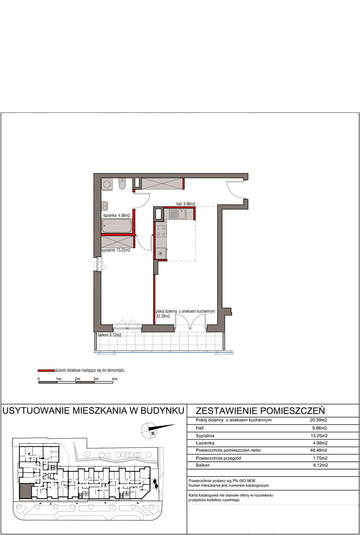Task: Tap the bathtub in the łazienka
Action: pyautogui.click(x=117, y=226)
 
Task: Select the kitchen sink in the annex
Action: pyautogui.click(x=182, y=214)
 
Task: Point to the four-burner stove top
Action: pyautogui.click(x=161, y=231)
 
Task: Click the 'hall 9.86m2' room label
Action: pyautogui.click(x=186, y=204)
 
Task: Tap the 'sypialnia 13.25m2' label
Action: pyautogui.click(x=116, y=250)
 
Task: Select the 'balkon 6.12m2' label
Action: pyautogui.click(x=109, y=335)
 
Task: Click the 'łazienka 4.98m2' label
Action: pyautogui.click(x=117, y=215)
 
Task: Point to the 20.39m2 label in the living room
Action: pyautogui.click(x=163, y=316)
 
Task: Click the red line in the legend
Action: pyautogui.click(x=46, y=370)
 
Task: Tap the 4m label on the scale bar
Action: pyautogui.click(x=114, y=379)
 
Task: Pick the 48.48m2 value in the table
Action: pyautogui.click(x=319, y=450)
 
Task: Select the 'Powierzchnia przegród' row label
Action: pyautogui.click(x=218, y=458)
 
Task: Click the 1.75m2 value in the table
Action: pyautogui.click(x=320, y=458)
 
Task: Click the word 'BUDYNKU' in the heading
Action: pyautogui.click(x=162, y=410)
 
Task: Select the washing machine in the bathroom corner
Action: pyautogui.click(x=106, y=184)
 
